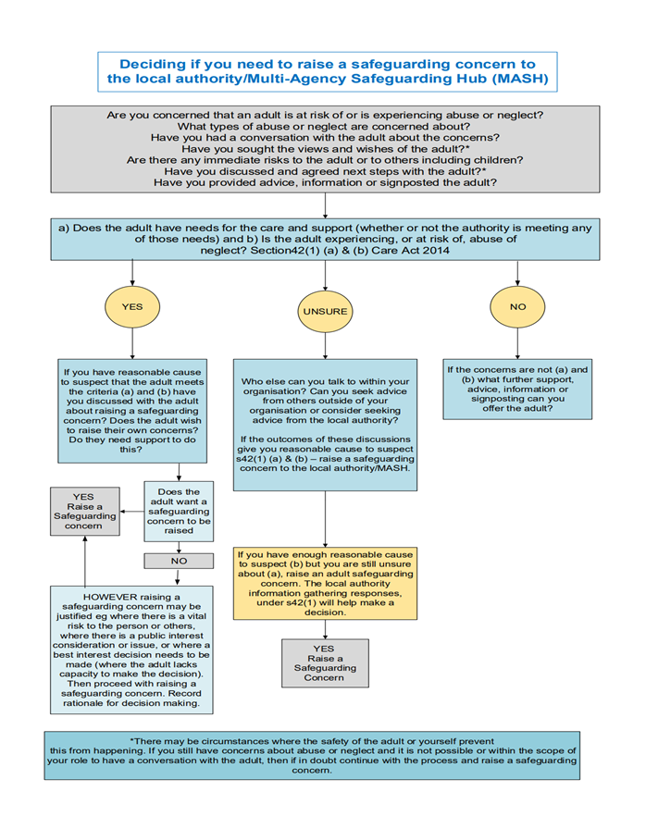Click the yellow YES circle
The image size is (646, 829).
pyautogui.click(x=132, y=305)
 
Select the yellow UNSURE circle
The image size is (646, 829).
pyautogui.click(x=323, y=312)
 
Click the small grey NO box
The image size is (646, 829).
pyautogui.click(x=179, y=561)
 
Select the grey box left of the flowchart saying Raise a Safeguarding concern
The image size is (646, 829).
pyautogui.click(x=82, y=511)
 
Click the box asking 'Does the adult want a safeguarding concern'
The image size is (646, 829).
pyautogui.click(x=179, y=512)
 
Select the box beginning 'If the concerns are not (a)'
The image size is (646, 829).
pyautogui.click(x=516, y=389)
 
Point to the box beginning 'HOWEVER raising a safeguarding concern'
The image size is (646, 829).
pyautogui.click(x=132, y=650)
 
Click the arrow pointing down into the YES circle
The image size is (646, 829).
pyautogui.click(x=132, y=270)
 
